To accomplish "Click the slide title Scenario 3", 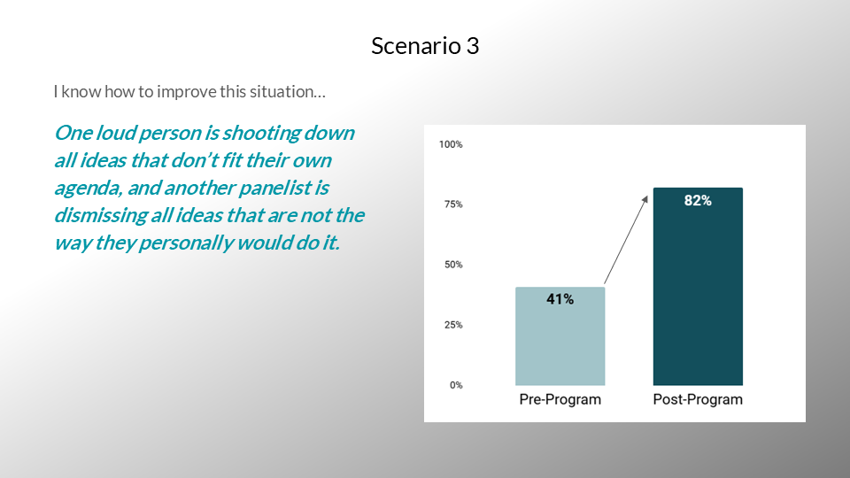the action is click(x=425, y=45).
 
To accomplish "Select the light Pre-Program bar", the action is click(x=560, y=336).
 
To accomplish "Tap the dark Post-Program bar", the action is click(x=698, y=286).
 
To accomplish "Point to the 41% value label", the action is click(x=560, y=299).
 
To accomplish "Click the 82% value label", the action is click(x=698, y=201).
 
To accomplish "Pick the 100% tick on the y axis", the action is click(x=451, y=144).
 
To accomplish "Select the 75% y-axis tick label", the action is click(x=453, y=204).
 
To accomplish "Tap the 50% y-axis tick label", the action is click(x=453, y=265).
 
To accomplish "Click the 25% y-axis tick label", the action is click(x=453, y=325).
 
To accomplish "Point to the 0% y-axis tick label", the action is click(x=456, y=385).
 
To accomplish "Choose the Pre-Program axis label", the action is click(x=560, y=399).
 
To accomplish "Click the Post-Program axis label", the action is click(x=698, y=399).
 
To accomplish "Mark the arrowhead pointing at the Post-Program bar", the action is click(x=645, y=199).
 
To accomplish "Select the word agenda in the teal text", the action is click(x=89, y=189).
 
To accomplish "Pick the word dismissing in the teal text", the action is click(x=100, y=216).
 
